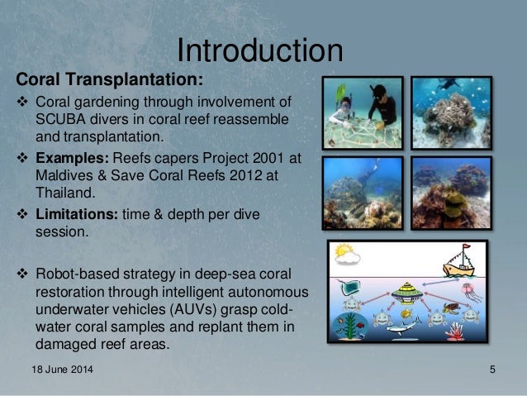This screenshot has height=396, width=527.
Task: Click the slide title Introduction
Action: [x=260, y=50]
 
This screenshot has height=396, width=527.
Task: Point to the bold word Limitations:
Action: [x=78, y=215]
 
